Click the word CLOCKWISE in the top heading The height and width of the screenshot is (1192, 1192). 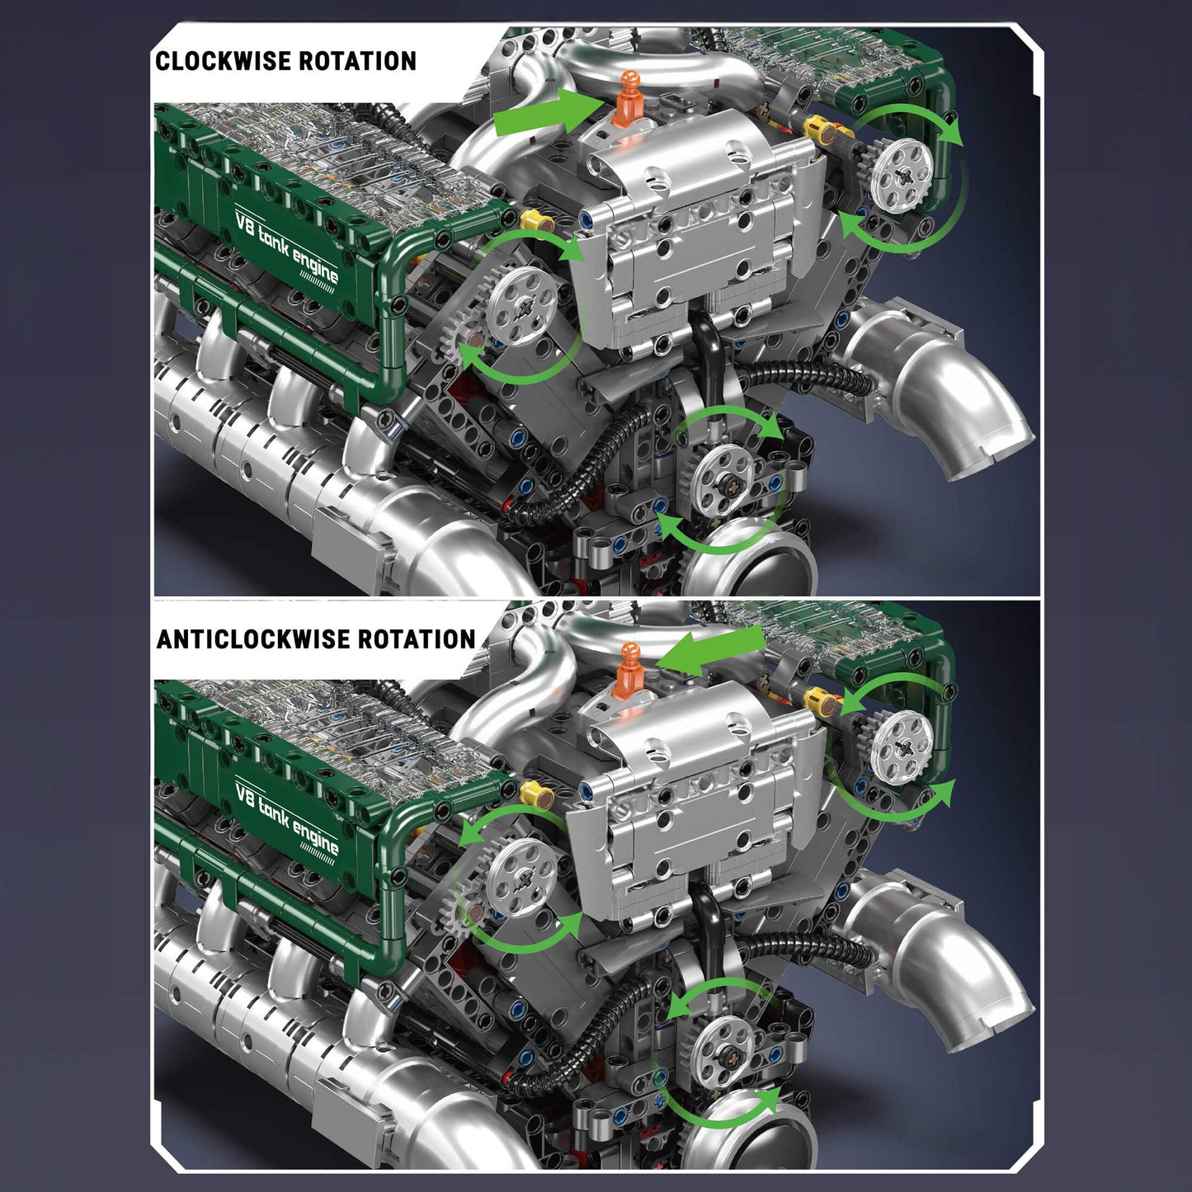coord(224,61)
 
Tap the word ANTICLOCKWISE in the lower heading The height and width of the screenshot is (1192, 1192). coord(253,638)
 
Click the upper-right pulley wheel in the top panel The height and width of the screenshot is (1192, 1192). coord(907,167)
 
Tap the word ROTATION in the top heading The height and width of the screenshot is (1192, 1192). coord(358,61)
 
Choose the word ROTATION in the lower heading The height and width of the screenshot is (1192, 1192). coord(417,638)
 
